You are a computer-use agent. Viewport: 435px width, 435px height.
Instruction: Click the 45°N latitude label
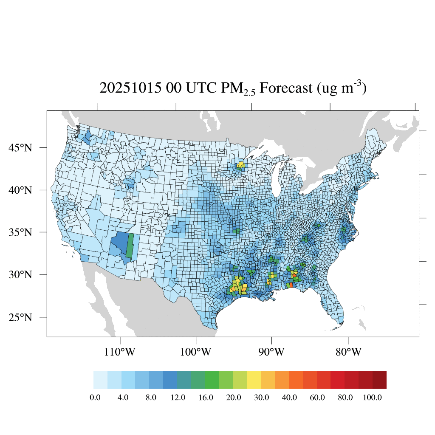tap(21, 148)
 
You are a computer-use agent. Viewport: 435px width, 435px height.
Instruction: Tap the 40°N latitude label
tap(21, 190)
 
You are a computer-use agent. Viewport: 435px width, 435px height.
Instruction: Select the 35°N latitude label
tap(21, 232)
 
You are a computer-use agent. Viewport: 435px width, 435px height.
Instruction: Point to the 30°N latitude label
tap(21, 274)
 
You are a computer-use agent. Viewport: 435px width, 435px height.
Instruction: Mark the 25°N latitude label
tap(21, 317)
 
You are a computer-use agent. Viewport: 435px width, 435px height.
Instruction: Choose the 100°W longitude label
tap(196, 352)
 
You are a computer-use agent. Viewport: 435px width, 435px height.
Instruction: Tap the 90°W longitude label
tap(271, 352)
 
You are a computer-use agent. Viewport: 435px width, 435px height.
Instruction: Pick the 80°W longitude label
tap(349, 352)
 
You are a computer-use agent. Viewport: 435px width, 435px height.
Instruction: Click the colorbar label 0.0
tap(95, 398)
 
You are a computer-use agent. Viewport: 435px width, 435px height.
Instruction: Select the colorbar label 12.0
tap(178, 398)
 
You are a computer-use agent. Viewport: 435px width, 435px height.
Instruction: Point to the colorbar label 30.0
tap(261, 398)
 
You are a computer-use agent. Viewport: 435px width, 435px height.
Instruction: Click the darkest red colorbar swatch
tap(379, 380)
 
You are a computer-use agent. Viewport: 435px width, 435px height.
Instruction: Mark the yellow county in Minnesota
tap(241, 164)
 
